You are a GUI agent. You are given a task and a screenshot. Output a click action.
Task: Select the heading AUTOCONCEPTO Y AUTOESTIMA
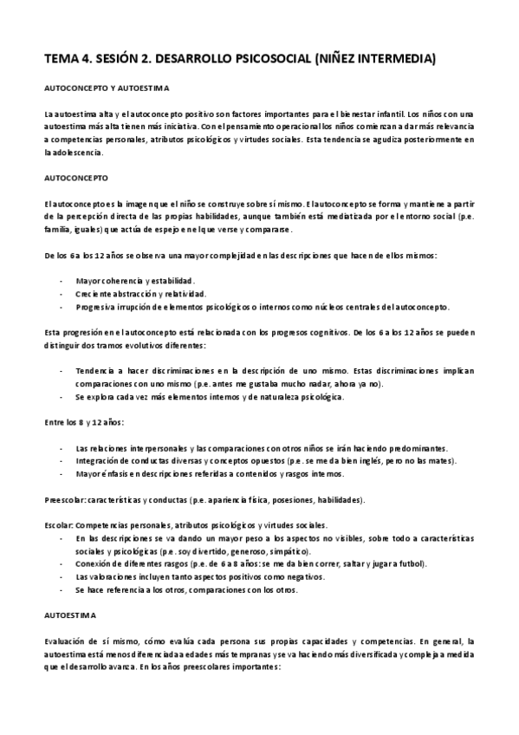click(107, 88)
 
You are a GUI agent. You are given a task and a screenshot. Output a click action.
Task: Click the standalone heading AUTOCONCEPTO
click(74, 177)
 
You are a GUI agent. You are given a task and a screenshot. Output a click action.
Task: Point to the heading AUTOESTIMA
click(68, 614)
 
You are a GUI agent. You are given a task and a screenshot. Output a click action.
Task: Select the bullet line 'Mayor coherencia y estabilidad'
click(135, 282)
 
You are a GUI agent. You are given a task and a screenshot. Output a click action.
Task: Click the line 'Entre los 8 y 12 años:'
click(84, 422)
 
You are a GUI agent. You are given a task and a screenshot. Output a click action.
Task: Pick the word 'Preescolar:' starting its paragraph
click(63, 501)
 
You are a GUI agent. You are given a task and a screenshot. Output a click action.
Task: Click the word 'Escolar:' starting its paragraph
click(58, 526)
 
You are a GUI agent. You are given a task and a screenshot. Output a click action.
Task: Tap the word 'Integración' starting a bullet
click(98, 460)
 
